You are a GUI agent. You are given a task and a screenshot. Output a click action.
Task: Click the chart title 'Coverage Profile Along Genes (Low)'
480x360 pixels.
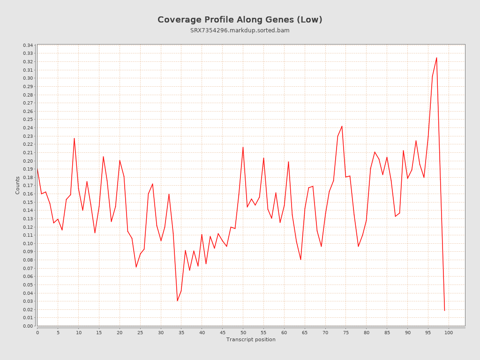coord(240,20)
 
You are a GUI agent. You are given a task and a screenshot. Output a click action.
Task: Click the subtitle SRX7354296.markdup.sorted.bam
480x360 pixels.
coord(240,30)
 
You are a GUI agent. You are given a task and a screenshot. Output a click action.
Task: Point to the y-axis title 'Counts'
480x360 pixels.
coord(18,185)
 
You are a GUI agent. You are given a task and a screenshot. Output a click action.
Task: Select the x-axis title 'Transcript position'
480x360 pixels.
coord(251,339)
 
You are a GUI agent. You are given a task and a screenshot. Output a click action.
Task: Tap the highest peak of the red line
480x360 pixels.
coord(436,58)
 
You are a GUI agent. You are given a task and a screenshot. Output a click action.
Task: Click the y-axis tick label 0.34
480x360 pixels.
coord(28,45)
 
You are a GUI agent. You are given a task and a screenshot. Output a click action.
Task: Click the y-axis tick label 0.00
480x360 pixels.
coord(28,326)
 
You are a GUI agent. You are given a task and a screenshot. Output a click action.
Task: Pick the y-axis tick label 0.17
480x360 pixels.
coord(28,186)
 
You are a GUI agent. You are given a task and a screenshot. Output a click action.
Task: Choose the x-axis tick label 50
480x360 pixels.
coord(243,332)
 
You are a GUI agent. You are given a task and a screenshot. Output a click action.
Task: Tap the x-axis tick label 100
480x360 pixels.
coord(449,332)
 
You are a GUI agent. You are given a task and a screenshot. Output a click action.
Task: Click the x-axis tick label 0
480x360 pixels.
coord(37,332)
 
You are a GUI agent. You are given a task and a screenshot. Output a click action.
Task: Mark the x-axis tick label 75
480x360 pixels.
coord(346,332)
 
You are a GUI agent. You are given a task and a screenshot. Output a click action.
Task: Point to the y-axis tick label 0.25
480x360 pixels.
coord(28,120)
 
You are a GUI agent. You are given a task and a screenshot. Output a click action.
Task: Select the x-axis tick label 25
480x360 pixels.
coord(140,332)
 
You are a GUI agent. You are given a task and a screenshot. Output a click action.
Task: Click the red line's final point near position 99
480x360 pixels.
coord(444,310)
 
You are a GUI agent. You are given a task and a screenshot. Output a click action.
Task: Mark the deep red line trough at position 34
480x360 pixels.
coord(177,300)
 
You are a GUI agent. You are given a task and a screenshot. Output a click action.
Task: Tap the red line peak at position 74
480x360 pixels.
coord(342,126)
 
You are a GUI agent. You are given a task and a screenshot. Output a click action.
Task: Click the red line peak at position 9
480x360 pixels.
coord(74,138)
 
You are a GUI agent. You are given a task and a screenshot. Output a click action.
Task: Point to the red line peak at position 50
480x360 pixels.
coord(243,147)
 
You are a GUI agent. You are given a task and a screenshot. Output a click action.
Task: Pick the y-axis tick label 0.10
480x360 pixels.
coord(28,243)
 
